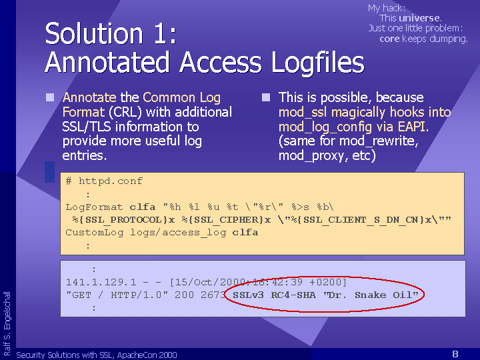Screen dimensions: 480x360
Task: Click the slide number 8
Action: (455, 354)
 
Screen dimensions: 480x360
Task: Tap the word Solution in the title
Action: (94, 33)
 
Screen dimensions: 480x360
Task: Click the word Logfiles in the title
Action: (318, 62)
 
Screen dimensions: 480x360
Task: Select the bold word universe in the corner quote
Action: (419, 18)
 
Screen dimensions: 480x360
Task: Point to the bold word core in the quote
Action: (389, 39)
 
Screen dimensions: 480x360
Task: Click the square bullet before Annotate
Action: (50, 97)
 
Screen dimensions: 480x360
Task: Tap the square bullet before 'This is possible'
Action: (266, 97)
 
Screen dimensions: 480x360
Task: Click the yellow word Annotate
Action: (89, 97)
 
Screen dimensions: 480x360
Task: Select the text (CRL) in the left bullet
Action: (125, 112)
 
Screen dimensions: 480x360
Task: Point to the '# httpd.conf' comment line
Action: (104, 181)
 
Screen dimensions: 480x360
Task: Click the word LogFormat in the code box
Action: (94, 207)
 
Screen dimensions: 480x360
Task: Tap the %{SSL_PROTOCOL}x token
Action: (124, 220)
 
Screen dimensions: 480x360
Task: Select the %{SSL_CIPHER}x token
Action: (226, 220)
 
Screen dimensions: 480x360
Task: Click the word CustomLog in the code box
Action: (95, 233)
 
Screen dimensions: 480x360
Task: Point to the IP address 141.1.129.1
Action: (97, 282)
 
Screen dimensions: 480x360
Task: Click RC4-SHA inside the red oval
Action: (293, 295)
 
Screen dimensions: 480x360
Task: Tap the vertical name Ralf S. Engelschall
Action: (7, 323)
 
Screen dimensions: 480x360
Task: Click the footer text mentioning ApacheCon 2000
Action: (97, 355)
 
